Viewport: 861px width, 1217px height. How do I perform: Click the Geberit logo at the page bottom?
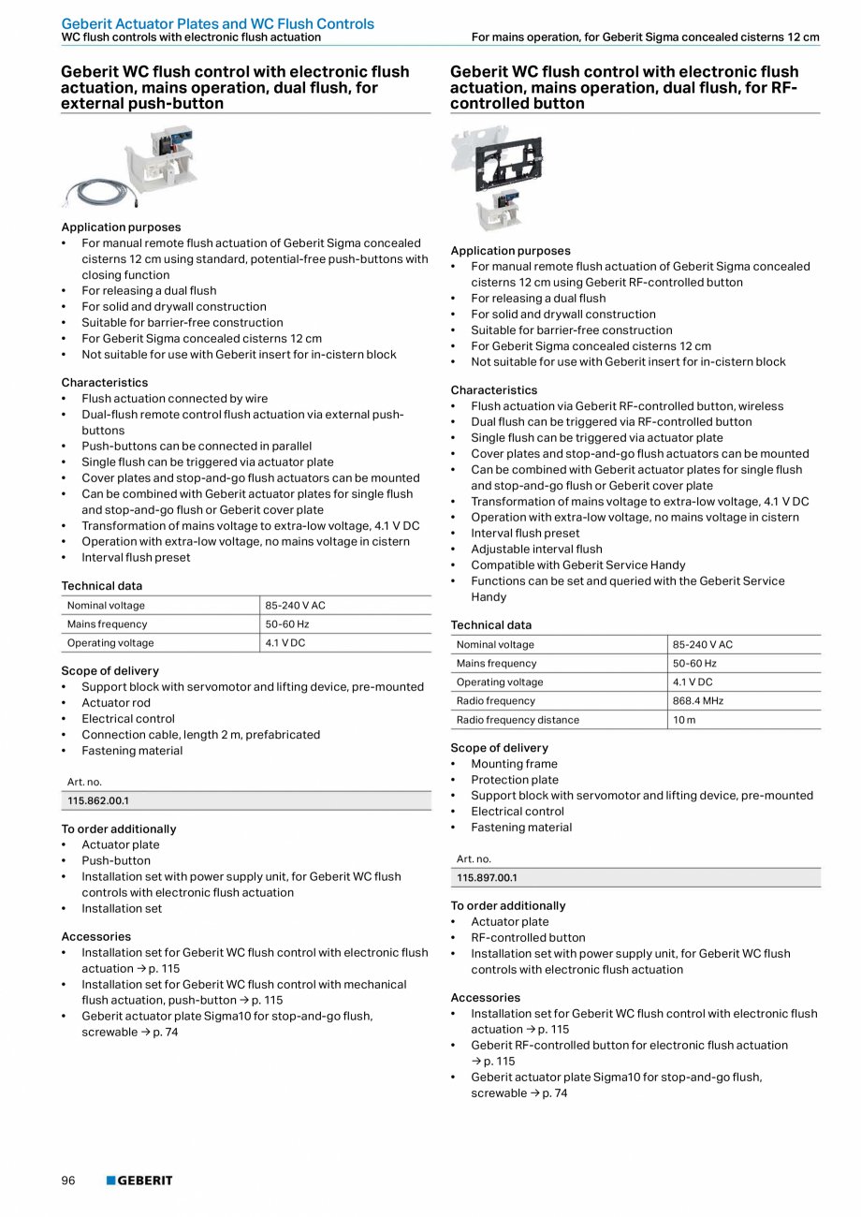pyautogui.click(x=139, y=1180)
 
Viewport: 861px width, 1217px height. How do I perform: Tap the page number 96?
pyautogui.click(x=68, y=1180)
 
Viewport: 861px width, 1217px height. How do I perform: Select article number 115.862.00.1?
pyautogui.click(x=98, y=801)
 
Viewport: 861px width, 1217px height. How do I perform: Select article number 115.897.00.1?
pyautogui.click(x=487, y=878)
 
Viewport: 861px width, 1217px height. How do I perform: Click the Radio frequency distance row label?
pyautogui.click(x=518, y=720)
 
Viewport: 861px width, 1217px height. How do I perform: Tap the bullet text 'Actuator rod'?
pyautogui.click(x=116, y=703)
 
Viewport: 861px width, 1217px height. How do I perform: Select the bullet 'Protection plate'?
pyautogui.click(x=515, y=780)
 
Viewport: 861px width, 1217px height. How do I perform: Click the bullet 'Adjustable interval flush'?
pyautogui.click(x=536, y=550)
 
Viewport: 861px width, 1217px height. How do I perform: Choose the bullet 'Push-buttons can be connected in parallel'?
pyautogui.click(x=197, y=447)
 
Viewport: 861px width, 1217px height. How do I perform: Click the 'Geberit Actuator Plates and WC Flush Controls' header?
pyautogui.click(x=217, y=23)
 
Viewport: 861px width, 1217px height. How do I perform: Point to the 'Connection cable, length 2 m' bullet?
pyautogui.click(x=200, y=735)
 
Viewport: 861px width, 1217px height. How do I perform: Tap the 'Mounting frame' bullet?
pyautogui.click(x=514, y=764)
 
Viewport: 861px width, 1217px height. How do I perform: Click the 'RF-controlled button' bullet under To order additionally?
pyautogui.click(x=528, y=938)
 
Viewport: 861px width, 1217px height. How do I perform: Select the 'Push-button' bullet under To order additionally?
pyautogui.click(x=116, y=861)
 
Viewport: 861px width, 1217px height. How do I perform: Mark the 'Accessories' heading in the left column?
pyautogui.click(x=96, y=936)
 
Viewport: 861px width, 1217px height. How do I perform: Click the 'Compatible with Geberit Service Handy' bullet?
pyautogui.click(x=577, y=565)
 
